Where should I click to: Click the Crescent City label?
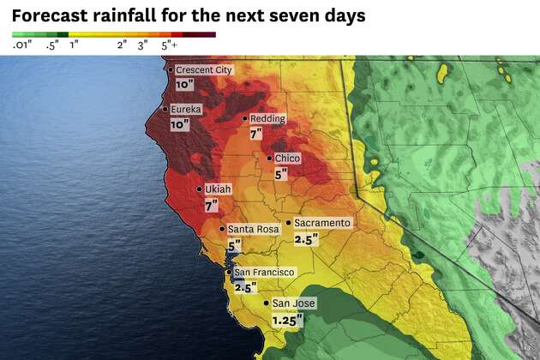(204, 70)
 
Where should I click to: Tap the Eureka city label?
(188, 110)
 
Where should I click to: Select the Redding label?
(267, 118)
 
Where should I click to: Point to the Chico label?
(286, 158)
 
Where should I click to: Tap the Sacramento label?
(321, 223)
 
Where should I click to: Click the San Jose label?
(294, 303)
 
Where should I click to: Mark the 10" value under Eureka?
(180, 125)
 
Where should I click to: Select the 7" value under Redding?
(256, 135)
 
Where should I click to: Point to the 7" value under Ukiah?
(211, 206)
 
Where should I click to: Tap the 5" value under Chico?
(280, 174)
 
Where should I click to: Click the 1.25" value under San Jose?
(288, 321)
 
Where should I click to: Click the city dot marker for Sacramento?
(289, 223)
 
